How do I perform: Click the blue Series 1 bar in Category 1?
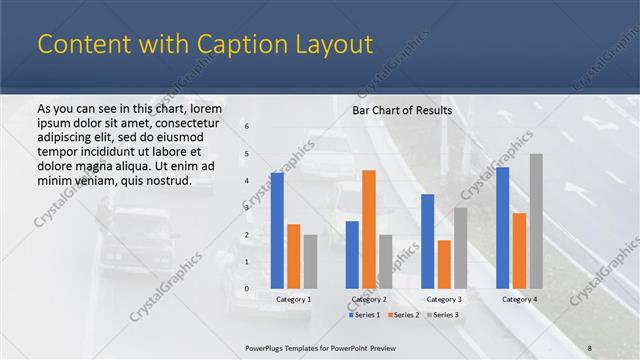(277, 231)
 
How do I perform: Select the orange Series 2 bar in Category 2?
(369, 229)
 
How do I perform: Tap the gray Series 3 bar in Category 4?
(536, 221)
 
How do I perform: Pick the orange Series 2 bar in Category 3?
(444, 264)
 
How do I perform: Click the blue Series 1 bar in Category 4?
(502, 228)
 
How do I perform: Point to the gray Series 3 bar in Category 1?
(310, 262)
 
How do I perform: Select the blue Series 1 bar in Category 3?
(427, 241)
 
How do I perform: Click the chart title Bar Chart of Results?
(402, 110)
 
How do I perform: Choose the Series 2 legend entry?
(402, 315)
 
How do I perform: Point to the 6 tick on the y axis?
(247, 127)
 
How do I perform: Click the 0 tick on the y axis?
(247, 289)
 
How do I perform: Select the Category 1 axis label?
(293, 299)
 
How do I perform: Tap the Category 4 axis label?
(519, 299)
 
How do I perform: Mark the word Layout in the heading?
(338, 44)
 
